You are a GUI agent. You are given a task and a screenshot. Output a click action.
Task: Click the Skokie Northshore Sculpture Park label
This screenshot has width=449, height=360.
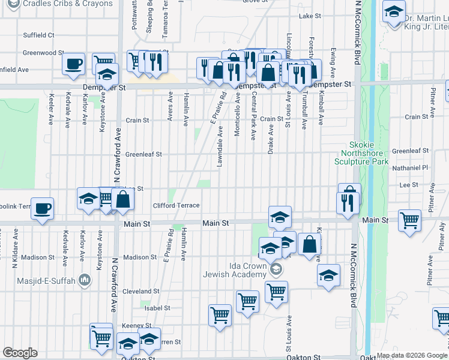369,153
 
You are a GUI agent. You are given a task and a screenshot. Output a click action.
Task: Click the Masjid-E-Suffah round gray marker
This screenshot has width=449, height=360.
85,279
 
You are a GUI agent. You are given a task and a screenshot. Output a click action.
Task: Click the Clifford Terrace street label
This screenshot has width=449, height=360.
176,205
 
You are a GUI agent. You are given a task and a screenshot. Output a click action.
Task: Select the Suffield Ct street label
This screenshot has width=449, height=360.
39,35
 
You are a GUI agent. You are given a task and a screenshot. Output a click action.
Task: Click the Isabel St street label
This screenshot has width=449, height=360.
158,308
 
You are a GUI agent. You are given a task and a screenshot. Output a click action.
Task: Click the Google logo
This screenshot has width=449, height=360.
20,353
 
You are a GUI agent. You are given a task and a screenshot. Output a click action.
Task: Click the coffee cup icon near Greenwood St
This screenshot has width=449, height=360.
74,64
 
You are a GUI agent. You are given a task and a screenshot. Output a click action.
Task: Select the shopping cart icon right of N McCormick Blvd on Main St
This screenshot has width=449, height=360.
410,220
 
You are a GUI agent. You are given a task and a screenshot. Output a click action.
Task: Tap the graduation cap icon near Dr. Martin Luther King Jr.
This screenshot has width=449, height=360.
394,12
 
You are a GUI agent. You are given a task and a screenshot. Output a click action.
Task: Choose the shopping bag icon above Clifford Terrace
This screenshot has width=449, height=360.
123,201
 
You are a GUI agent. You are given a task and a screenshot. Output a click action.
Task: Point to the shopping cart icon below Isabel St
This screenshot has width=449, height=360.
220,314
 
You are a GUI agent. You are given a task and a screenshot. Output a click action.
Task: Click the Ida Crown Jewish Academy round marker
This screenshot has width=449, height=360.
276,268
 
